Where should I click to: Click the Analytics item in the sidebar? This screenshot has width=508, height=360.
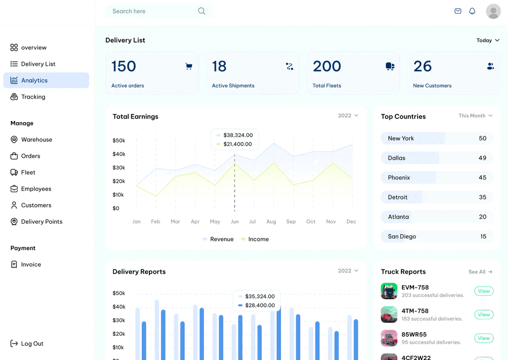tap(34, 80)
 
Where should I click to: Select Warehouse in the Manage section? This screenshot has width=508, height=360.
tap(36, 140)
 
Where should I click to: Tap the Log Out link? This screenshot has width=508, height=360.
tap(32, 344)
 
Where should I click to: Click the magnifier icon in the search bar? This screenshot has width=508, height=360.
tap(201, 11)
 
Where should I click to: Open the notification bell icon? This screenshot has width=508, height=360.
tap(472, 11)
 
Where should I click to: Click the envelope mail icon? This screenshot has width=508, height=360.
tap(458, 11)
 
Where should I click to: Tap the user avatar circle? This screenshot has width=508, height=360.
tap(493, 11)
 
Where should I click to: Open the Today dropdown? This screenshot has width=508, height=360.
tap(488, 41)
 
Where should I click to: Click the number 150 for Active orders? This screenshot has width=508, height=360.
tap(124, 66)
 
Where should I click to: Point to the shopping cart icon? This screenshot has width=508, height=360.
tap(189, 66)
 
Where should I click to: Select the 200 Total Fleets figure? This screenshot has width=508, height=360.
tap(327, 66)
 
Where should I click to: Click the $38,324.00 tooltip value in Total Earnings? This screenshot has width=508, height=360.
tap(238, 135)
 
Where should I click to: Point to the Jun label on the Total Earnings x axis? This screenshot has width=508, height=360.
tap(235, 222)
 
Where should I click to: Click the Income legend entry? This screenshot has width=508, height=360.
tap(258, 239)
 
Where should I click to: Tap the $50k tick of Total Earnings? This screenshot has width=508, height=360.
tap(119, 141)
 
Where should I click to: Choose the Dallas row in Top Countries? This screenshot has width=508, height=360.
tap(437, 158)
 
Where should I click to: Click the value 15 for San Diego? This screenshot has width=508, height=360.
tap(483, 237)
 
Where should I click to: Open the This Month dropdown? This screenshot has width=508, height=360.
tap(475, 116)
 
